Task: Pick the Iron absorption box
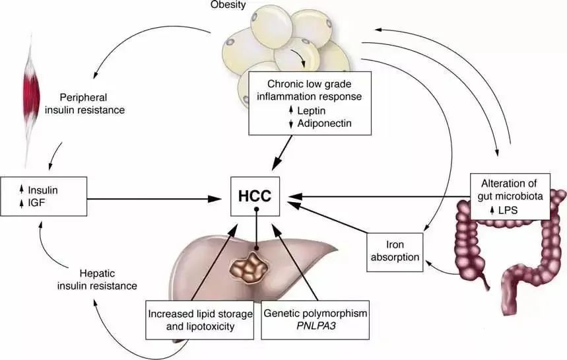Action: tap(395, 251)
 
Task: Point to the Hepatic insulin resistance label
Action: tap(104, 281)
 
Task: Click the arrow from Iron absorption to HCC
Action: tap(330, 219)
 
